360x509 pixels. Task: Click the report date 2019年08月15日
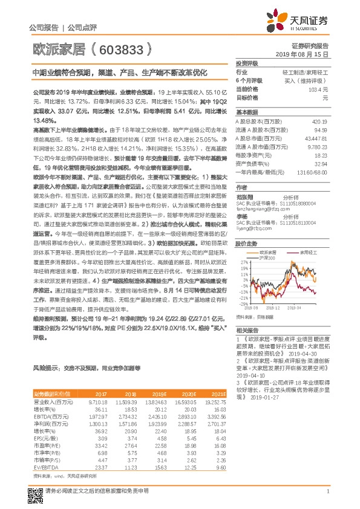coord(306,54)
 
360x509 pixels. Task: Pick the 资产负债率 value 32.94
coord(321,163)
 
